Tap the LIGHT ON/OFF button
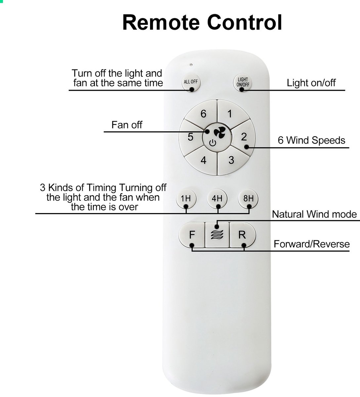pyautogui.click(x=242, y=82)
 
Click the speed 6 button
pyautogui.click(x=202, y=113)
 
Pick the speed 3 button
pyautogui.click(x=231, y=161)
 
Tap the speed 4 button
pyautogui.click(x=203, y=161)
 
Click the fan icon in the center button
pyautogui.click(x=220, y=133)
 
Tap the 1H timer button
pyautogui.click(x=186, y=199)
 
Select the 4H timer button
pyautogui.click(x=217, y=199)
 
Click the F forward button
pyautogui.click(x=192, y=235)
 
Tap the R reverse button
pyautogui.click(x=243, y=235)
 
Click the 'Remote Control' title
pyautogui.click(x=202, y=22)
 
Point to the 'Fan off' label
pyautogui.click(x=127, y=125)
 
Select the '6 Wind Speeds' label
pyautogui.click(x=311, y=140)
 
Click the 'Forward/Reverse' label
pyautogui.click(x=311, y=244)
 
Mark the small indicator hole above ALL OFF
pyautogui.click(x=191, y=65)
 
